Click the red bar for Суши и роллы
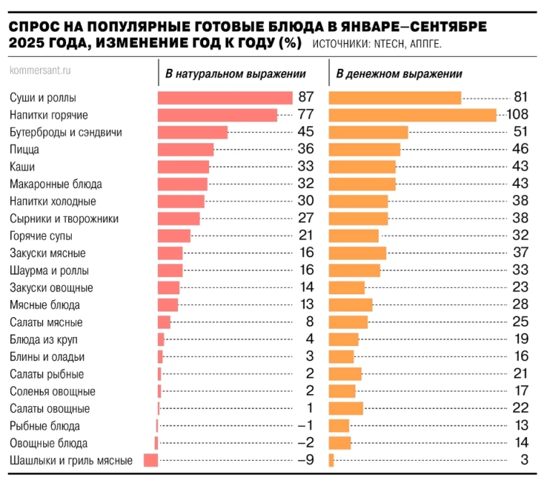click(x=225, y=98)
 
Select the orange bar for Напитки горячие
click(x=412, y=115)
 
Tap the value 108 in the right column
click(x=517, y=115)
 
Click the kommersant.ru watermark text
click(x=40, y=71)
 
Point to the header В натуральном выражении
click(x=235, y=74)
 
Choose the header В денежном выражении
click(x=399, y=74)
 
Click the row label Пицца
click(x=25, y=149)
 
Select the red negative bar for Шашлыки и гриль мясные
click(x=151, y=461)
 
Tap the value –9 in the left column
click(x=306, y=461)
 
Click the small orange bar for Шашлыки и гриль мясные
click(x=332, y=461)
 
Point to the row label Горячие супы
click(x=41, y=236)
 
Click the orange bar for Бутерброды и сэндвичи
click(x=368, y=132)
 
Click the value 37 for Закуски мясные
click(x=520, y=253)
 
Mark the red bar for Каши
click(x=183, y=167)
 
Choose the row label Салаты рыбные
click(x=47, y=374)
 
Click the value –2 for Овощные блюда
click(x=306, y=444)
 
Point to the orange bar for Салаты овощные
click(x=346, y=409)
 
